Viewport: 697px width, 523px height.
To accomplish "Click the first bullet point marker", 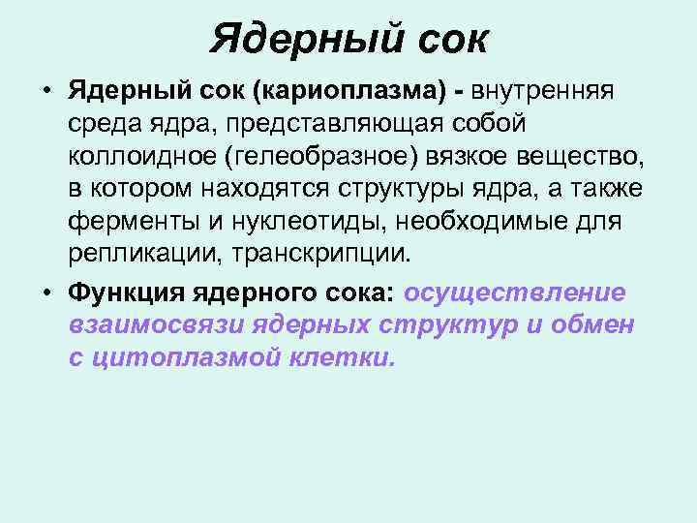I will click(45, 91).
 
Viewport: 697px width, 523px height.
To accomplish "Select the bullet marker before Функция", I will click(45, 293).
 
